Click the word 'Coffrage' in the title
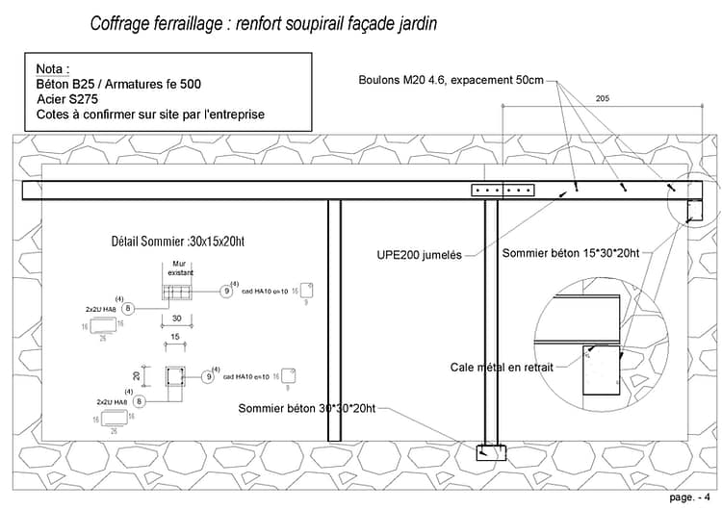point(121,24)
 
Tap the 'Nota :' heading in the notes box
point(52,70)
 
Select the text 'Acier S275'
point(68,99)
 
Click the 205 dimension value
point(603,99)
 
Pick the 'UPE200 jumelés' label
point(419,255)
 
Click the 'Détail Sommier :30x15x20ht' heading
point(178,242)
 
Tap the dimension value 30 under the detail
point(177,318)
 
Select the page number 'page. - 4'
point(691,497)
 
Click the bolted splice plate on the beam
point(503,191)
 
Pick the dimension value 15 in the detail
point(176,336)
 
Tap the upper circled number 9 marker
point(225,290)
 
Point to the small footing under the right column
point(491,451)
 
